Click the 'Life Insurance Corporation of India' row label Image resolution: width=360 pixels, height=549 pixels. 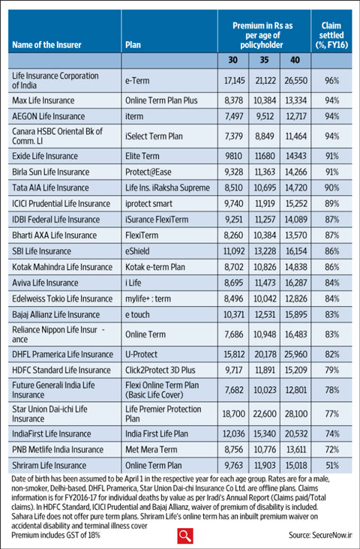pyautogui.click(x=55, y=79)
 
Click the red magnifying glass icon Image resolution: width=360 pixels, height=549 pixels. pyautogui.click(x=185, y=535)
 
